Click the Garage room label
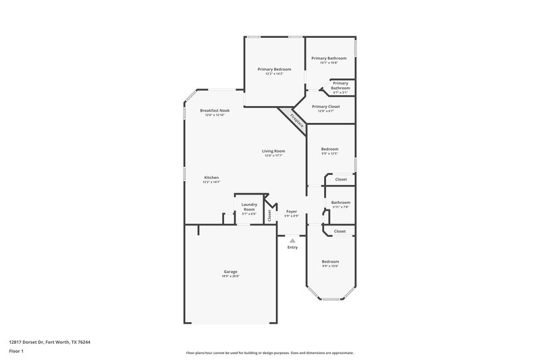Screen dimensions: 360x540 point(230,272)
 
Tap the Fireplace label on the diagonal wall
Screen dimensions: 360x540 point(296,120)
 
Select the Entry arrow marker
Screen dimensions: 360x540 point(292,240)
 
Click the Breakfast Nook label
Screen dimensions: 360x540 point(215,110)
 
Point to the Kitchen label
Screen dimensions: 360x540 point(211,178)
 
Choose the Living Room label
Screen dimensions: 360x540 point(274,151)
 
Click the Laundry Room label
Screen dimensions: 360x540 point(249,207)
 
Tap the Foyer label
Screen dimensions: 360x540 point(292,211)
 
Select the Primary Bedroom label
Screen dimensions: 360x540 point(274,69)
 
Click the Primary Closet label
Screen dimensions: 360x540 point(325,107)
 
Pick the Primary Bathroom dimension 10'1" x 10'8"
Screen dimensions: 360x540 point(329,63)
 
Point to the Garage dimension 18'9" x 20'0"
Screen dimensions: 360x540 point(230,276)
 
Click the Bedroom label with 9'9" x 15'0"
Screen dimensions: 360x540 point(330,261)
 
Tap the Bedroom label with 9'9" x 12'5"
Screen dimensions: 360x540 point(329,149)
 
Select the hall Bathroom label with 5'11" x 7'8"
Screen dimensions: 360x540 point(340,202)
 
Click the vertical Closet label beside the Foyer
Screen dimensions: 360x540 point(269,215)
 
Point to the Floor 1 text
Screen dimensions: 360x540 point(17,352)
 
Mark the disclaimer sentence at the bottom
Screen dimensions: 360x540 point(270,353)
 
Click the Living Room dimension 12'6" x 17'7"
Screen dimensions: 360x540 point(274,155)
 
